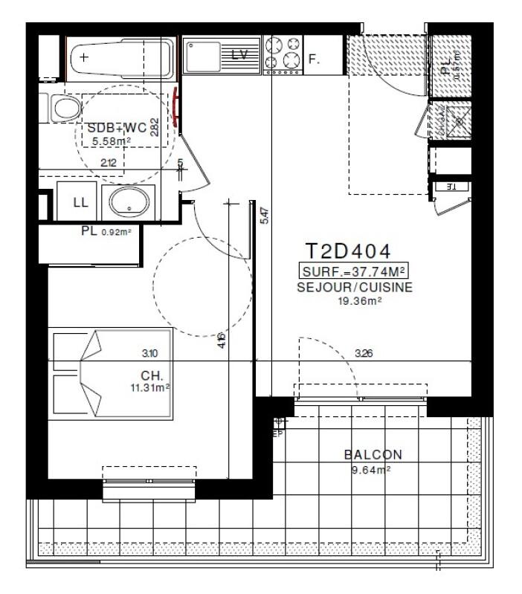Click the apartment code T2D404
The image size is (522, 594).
pos(348,251)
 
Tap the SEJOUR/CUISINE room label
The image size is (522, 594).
pos(355,287)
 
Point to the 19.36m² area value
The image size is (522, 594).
pos(360,300)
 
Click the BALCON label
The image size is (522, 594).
pos(373,455)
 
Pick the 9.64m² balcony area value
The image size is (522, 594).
pos(371,469)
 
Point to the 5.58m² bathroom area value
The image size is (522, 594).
pos(112,141)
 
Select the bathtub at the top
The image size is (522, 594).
pos(121,57)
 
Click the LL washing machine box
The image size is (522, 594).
pos(80,202)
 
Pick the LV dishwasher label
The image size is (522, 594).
pos(239,54)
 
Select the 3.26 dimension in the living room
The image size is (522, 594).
pos(364,353)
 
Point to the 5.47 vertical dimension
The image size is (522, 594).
pos(265,216)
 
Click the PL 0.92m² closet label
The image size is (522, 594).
pos(106,231)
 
